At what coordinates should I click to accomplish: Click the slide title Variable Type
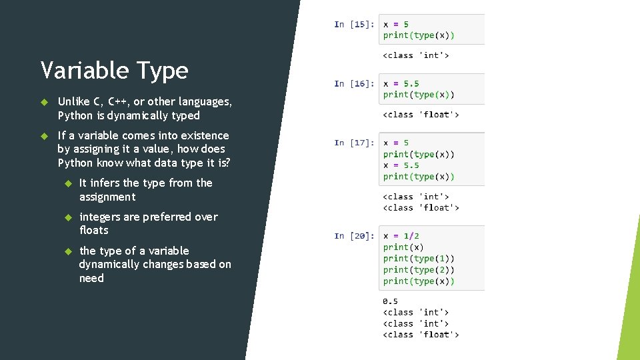tap(114, 70)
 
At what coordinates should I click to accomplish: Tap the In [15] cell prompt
tap(353, 25)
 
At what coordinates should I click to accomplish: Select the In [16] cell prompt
tap(353, 84)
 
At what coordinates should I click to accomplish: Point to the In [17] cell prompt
tap(353, 143)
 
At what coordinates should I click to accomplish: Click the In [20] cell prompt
tap(353, 236)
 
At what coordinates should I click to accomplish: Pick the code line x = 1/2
tap(401, 236)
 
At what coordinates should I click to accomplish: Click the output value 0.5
tap(390, 301)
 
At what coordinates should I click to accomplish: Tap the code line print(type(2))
tap(419, 270)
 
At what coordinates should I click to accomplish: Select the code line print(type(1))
tap(419, 259)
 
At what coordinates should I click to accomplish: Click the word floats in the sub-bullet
tap(93, 230)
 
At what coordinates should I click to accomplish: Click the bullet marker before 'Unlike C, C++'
tap(44, 102)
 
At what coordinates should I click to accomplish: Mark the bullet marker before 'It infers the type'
tap(67, 183)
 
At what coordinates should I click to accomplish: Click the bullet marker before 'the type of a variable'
tap(67, 251)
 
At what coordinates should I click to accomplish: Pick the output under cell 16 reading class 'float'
tap(421, 115)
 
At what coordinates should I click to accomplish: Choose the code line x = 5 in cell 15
tap(396, 25)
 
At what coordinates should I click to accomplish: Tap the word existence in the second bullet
tap(203, 135)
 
